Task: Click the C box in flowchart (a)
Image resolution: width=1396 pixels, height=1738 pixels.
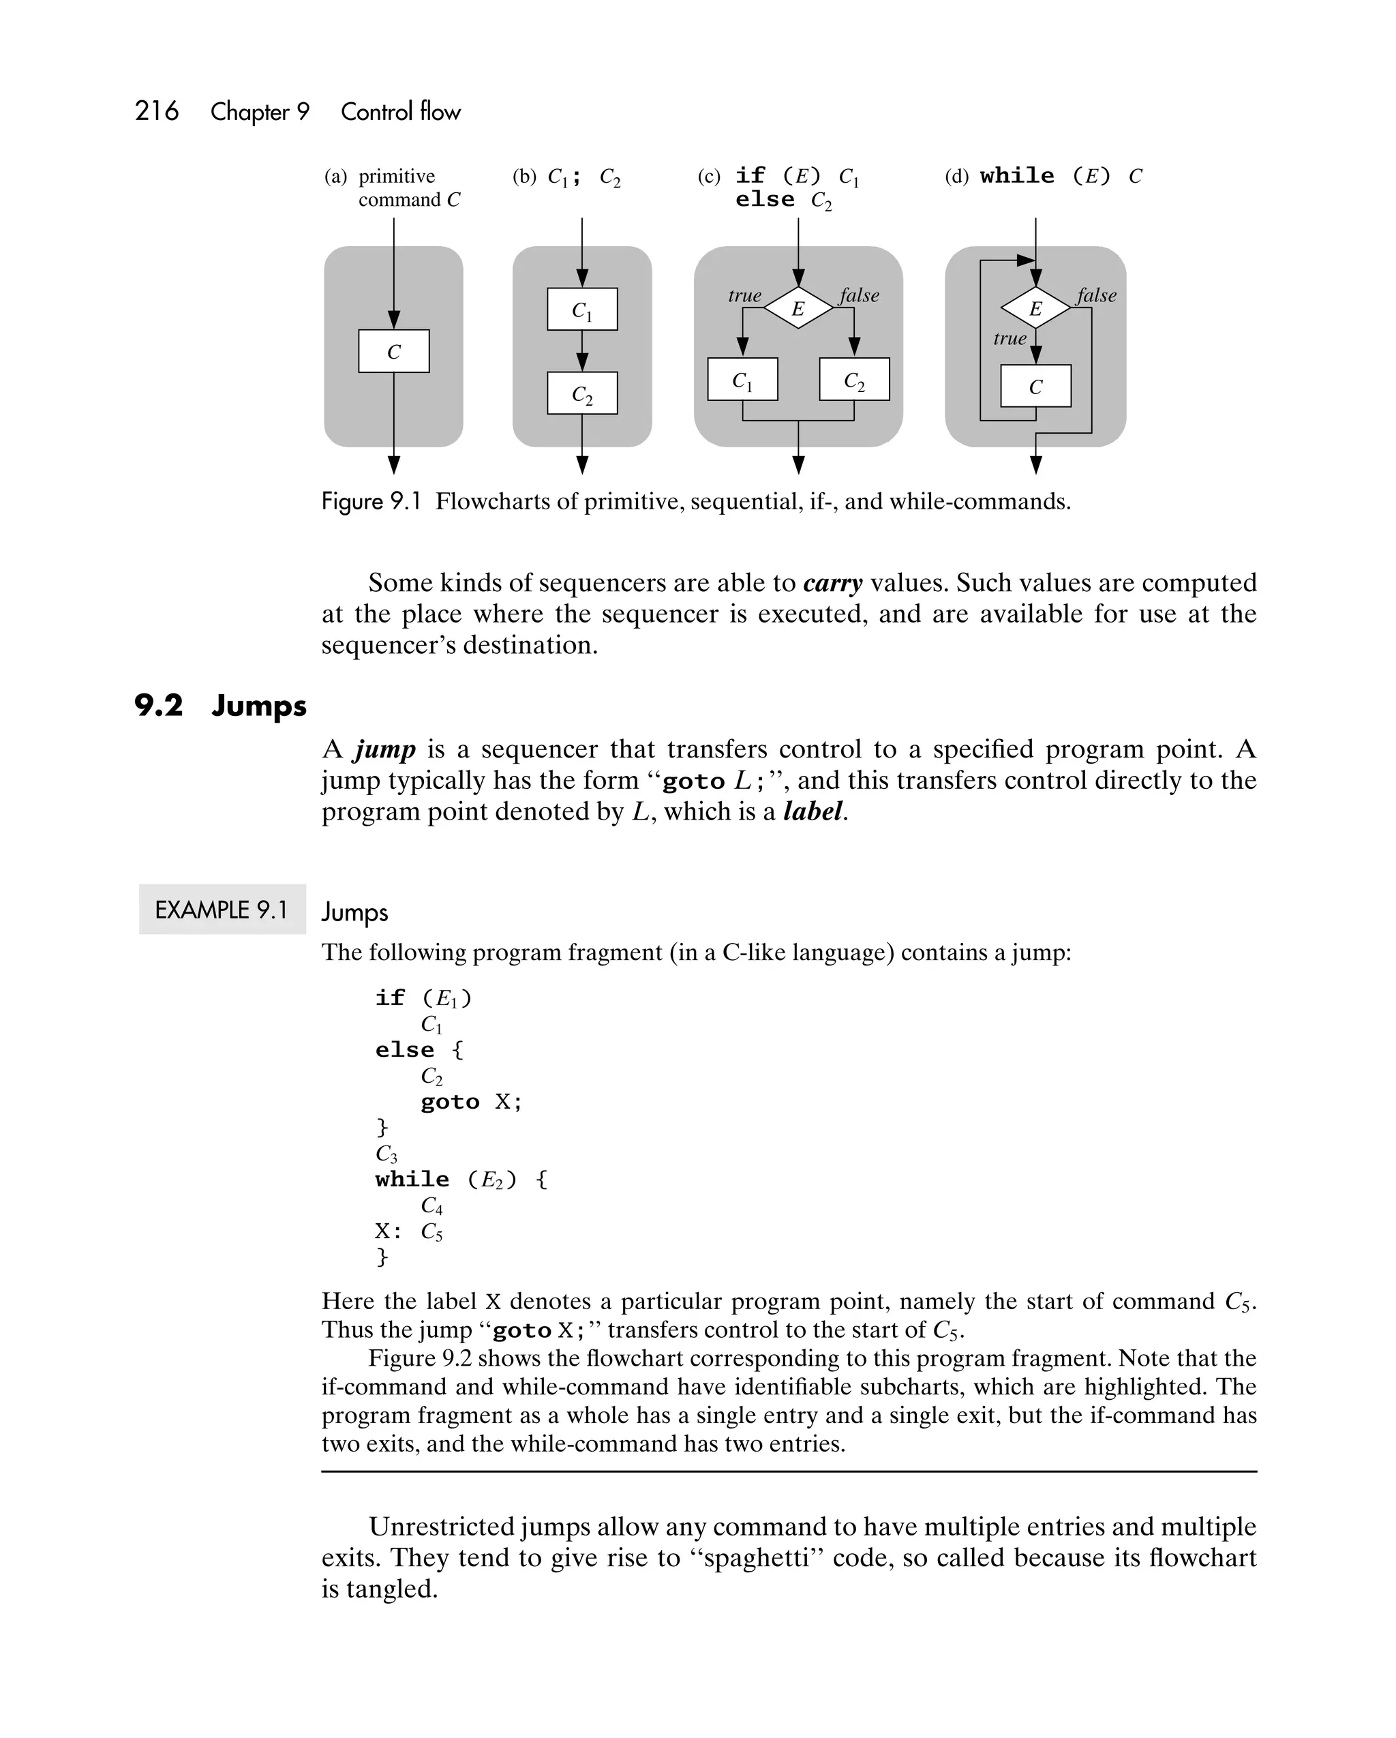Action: point(393,351)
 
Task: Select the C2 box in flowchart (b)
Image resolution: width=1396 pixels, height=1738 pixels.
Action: point(582,393)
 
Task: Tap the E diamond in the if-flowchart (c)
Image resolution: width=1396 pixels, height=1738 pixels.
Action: point(798,308)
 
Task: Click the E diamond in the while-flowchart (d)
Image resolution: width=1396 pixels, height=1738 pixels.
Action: point(1035,308)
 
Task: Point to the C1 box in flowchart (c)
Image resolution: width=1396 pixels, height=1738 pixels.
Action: point(742,380)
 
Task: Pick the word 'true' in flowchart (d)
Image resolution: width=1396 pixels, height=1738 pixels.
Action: point(1009,339)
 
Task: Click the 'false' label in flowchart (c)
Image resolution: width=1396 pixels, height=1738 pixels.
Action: point(859,295)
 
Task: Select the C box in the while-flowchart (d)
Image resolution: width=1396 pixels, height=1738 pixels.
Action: point(1035,386)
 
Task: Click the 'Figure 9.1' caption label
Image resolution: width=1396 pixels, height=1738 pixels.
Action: point(371,501)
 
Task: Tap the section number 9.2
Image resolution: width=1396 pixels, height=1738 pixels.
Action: point(158,705)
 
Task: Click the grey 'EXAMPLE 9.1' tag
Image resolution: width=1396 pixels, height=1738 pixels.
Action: point(222,910)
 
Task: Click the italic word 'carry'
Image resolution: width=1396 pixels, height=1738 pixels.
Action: point(832,583)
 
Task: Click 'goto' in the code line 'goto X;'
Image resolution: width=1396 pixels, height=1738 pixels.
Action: point(450,1102)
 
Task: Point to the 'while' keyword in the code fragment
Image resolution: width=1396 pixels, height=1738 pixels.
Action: point(412,1180)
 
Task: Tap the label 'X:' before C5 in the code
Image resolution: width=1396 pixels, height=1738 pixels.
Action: point(388,1231)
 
